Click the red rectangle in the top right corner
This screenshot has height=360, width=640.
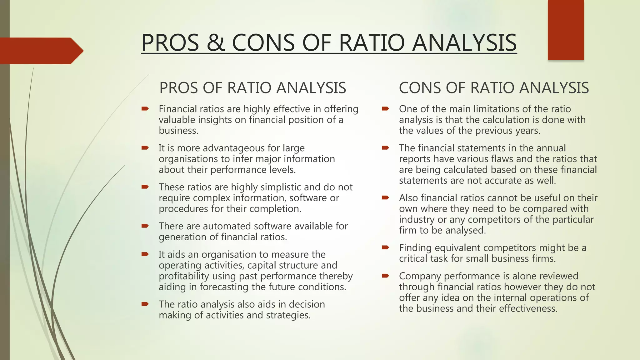point(566,30)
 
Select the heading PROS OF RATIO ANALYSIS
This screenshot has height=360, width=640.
point(252,88)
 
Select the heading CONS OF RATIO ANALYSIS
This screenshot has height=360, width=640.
point(494,88)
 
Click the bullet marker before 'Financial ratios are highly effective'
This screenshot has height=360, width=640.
point(145,109)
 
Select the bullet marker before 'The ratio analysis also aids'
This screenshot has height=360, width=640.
point(145,304)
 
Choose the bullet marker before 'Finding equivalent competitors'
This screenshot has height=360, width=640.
point(385,248)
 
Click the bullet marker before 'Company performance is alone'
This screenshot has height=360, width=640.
point(385,276)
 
